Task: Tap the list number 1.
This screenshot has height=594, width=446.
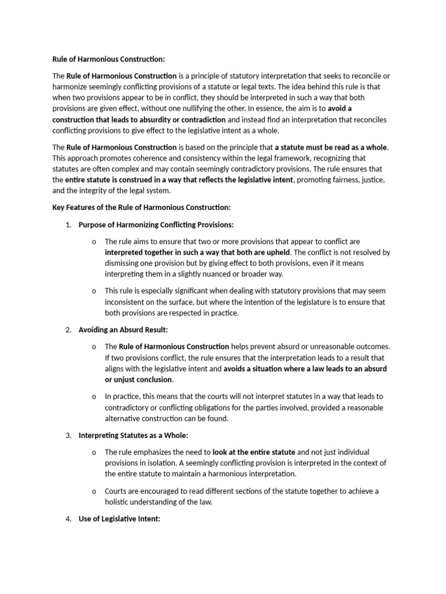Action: pyautogui.click(x=68, y=224)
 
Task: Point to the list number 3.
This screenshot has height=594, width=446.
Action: pyautogui.click(x=68, y=436)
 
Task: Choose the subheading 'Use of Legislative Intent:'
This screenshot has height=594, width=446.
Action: pyautogui.click(x=119, y=520)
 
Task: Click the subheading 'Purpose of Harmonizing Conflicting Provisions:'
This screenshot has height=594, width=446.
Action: pyautogui.click(x=156, y=224)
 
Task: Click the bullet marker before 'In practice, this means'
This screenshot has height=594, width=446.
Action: pyautogui.click(x=94, y=397)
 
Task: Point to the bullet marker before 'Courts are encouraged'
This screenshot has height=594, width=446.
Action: pyautogui.click(x=94, y=492)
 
